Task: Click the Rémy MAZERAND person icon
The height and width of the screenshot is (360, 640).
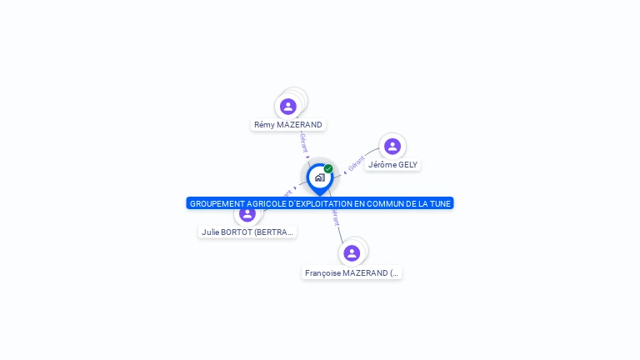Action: (288, 107)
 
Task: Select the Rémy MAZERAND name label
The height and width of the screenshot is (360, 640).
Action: (288, 125)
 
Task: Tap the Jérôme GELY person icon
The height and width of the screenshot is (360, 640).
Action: (392, 147)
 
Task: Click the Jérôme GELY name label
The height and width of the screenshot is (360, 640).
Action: (392, 165)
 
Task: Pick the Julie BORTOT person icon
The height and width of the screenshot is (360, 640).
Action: (247, 213)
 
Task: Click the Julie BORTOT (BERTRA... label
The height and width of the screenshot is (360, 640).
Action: (247, 232)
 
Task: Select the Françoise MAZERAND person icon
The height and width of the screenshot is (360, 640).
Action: (352, 253)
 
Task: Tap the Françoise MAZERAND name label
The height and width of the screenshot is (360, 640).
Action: (352, 272)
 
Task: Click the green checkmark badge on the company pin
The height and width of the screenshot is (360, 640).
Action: (328, 169)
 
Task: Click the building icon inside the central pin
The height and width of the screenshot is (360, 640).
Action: (319, 177)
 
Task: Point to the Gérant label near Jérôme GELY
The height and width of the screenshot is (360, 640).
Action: (357, 163)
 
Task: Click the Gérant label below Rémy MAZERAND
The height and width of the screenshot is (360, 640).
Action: (304, 143)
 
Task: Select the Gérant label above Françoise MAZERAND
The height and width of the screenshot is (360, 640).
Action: (335, 217)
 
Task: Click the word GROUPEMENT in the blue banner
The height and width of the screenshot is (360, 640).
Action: (216, 203)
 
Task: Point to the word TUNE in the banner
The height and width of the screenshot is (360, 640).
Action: (440, 203)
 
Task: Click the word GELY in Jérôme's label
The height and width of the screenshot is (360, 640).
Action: (407, 165)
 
